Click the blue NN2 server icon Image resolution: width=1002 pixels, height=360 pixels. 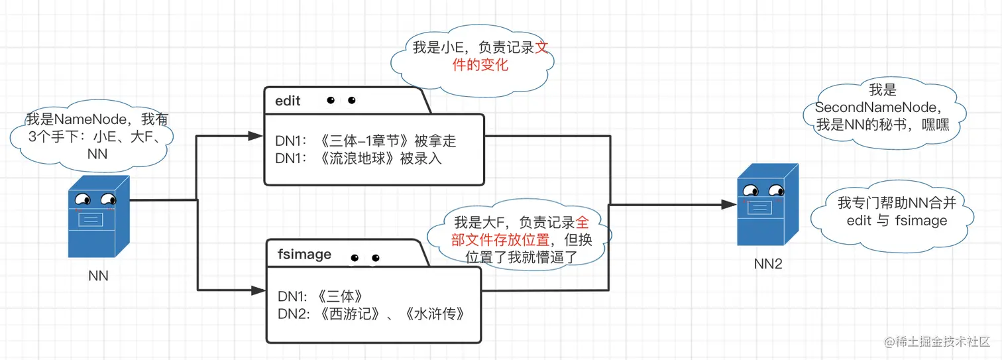[767, 206]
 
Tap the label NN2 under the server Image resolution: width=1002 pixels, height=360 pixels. [768, 264]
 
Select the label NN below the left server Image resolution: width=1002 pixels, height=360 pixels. [98, 276]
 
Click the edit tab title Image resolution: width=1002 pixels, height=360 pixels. [288, 101]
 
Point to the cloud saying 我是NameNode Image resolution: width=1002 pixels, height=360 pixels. [98, 137]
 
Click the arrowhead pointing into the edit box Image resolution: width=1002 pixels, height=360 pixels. [256, 135]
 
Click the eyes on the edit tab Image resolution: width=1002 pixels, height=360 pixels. [341, 101]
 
